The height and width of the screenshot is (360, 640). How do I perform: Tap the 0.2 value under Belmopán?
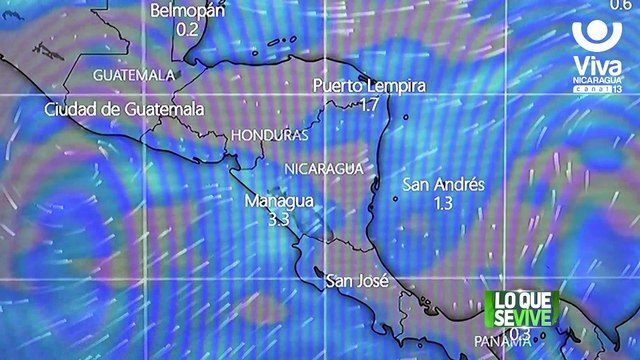point(188,29)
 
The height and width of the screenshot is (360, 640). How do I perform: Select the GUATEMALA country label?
point(134,75)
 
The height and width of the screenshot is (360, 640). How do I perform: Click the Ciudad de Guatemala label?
point(125,108)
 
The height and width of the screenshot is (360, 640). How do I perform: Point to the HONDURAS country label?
point(268,135)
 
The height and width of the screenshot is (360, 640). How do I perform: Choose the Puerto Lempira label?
point(368,86)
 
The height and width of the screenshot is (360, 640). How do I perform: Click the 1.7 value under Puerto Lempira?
point(368,104)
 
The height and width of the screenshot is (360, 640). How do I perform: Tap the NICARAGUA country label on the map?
point(323,168)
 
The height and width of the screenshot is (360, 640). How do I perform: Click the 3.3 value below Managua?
point(279,219)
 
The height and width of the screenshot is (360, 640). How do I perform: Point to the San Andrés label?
point(443,185)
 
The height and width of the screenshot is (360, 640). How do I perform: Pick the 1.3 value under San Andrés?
point(444,203)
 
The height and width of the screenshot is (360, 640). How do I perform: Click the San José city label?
point(357,282)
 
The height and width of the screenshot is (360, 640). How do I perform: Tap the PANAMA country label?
point(502,342)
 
